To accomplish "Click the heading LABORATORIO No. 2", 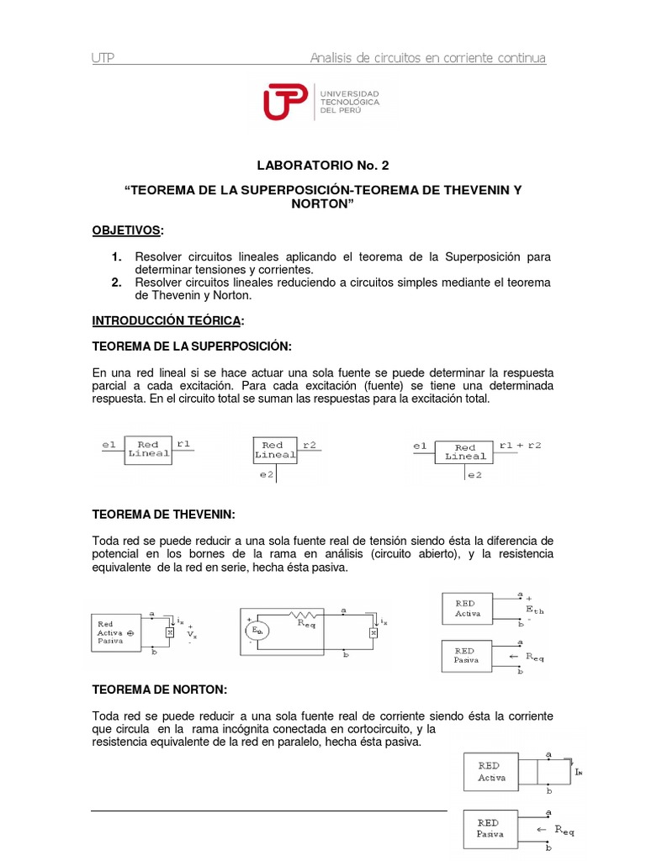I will [x=323, y=166].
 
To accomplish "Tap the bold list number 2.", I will [x=117, y=283].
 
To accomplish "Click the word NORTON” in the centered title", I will [x=322, y=204].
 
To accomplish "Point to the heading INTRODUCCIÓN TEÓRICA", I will [x=167, y=320].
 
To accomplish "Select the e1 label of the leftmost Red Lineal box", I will [x=108, y=443].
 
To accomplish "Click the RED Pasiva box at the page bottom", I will [x=490, y=828].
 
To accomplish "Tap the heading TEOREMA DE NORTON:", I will [x=159, y=689].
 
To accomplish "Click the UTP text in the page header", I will [x=103, y=58].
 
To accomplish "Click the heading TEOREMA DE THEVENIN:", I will [x=162, y=514].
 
